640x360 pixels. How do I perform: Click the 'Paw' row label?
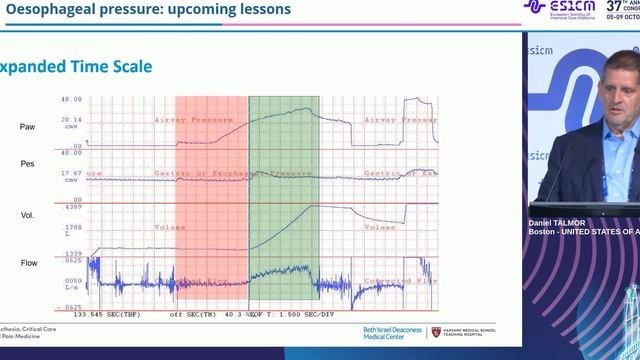point(28,127)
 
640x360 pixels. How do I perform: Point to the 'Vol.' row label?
point(27,215)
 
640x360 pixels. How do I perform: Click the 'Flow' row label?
point(29,264)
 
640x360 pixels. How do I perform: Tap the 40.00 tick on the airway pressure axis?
point(71,100)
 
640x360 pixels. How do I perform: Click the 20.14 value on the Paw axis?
point(71,119)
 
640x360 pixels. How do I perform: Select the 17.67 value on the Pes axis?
point(71,173)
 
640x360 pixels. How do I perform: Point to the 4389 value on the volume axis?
point(73,207)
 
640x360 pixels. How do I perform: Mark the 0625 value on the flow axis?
point(73,261)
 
